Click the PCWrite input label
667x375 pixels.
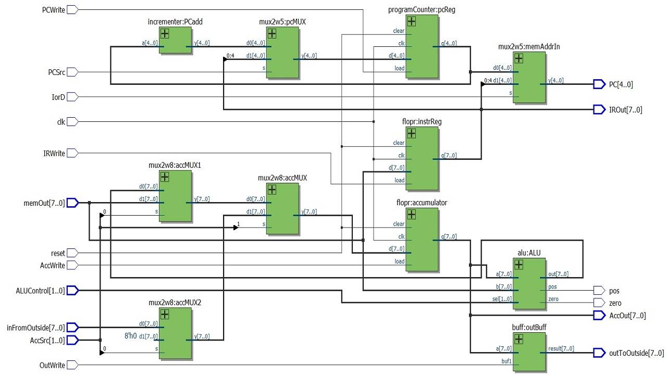click(x=53, y=10)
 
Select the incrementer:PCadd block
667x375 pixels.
click(x=176, y=41)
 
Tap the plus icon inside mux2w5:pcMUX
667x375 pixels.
click(x=272, y=34)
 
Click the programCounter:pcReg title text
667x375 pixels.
click(x=422, y=10)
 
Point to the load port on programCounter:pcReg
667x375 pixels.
click(x=399, y=68)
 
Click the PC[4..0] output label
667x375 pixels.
click(x=621, y=84)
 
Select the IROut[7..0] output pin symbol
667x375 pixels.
click(x=599, y=109)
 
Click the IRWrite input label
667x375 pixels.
click(x=54, y=153)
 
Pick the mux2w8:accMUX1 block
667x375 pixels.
click(x=176, y=196)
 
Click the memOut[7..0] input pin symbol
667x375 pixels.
click(x=72, y=203)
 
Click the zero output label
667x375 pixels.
click(x=615, y=303)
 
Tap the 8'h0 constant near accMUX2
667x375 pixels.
click(x=131, y=336)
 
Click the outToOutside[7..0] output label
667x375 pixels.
click(x=636, y=353)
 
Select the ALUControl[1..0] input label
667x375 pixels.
click(x=41, y=291)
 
